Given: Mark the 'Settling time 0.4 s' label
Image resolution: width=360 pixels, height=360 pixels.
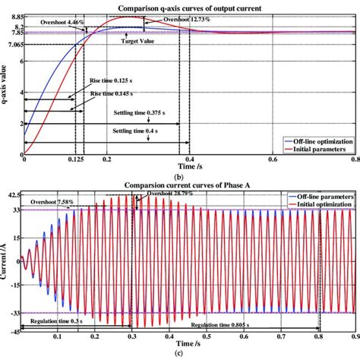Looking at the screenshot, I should (x=122, y=131).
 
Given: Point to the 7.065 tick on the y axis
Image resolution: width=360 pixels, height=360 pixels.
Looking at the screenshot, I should (x=13, y=45).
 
